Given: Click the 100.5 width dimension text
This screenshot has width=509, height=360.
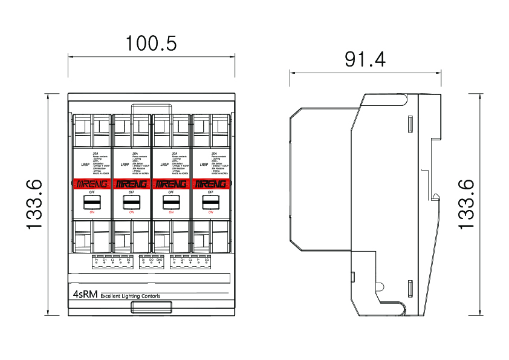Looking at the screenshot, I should coord(151,44).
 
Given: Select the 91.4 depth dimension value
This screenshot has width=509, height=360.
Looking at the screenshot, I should coord(365,59).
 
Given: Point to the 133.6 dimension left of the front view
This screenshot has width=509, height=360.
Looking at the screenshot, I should coord(35,204).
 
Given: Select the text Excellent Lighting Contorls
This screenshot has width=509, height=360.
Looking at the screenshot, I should coord(131,296).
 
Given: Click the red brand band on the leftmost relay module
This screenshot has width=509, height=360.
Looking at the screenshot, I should coord(92,183).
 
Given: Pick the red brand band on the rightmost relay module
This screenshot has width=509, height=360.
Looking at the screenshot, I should coord(211,183).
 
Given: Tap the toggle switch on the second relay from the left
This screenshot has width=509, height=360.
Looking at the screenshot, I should coord(131,201).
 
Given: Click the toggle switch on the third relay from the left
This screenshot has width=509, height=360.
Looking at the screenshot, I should coord(171,201).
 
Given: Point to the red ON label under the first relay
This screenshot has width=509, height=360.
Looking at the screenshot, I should coord(92,212).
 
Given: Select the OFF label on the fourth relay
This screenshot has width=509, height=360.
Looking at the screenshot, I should coord(211,192).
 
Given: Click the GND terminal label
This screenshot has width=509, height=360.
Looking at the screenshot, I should coord(159,260).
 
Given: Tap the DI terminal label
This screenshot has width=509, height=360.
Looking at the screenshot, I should coord(143,260).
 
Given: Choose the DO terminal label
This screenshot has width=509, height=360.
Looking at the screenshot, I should coord(151,260).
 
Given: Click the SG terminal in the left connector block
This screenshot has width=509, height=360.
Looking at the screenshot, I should coord(128,260).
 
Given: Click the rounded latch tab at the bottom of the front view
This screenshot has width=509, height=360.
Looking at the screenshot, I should coord(151,309).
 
